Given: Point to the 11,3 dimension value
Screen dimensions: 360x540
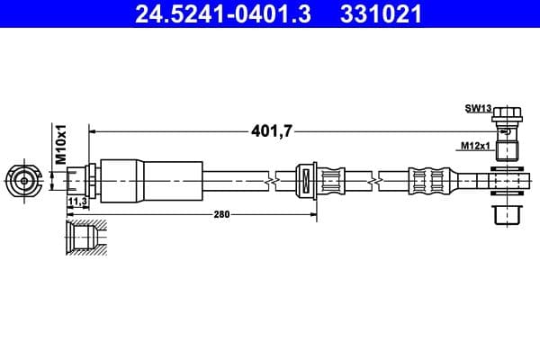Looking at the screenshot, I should click(77, 201).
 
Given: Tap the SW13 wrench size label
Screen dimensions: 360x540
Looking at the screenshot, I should click(477, 109).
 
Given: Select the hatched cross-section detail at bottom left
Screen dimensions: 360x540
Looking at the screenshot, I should click(84, 238).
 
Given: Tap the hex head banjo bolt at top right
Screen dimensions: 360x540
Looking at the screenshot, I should click(507, 119).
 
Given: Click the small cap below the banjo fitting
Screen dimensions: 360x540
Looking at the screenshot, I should click(506, 216).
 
